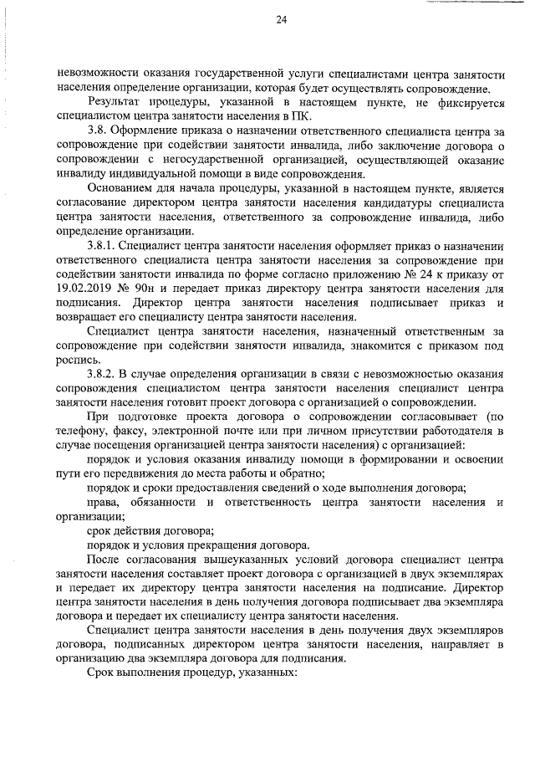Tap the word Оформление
tap(153, 131)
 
